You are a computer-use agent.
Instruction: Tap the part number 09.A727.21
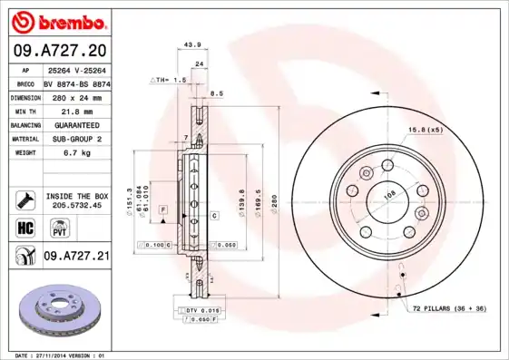pos(76,257)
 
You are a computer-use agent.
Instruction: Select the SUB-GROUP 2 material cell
pos(76,140)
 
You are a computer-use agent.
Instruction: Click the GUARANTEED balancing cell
pos(76,124)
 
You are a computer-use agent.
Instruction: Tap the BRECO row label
pos(26,83)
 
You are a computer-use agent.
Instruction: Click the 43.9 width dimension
pos(192,44)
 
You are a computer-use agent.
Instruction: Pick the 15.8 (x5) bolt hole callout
pos(426,130)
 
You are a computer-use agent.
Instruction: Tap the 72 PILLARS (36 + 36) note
pos(449,309)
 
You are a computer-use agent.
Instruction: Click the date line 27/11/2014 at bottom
pos(57,355)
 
